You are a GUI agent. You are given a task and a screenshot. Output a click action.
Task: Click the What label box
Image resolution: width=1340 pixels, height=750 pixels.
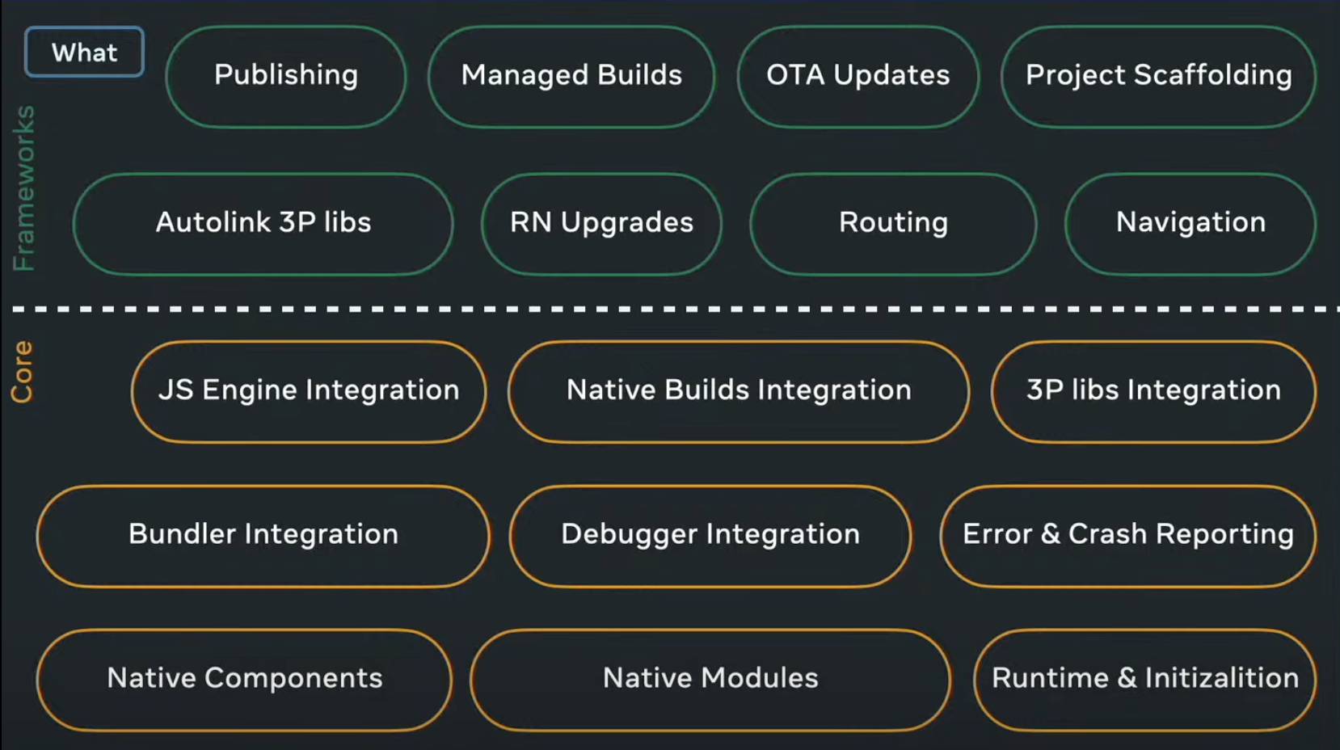coord(84,52)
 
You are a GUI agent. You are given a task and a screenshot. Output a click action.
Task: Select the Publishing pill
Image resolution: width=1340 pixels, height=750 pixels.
coord(286,76)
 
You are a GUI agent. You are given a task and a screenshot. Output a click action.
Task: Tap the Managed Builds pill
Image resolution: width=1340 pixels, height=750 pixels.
coord(571,76)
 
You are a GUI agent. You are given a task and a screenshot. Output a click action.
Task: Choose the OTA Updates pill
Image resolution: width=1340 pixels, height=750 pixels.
coord(858,76)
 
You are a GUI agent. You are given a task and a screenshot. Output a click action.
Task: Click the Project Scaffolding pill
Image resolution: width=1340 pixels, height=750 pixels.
coord(1158,76)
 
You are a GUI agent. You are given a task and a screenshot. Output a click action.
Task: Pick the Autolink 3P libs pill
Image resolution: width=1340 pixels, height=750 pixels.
coord(263,224)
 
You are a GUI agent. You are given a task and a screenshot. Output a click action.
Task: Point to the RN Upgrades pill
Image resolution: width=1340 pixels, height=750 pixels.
coord(601,224)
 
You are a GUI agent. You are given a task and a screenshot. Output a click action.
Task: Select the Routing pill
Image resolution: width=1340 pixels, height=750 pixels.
coord(893,224)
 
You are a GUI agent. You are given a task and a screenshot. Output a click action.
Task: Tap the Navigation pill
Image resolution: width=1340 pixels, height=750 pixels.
coord(1190,224)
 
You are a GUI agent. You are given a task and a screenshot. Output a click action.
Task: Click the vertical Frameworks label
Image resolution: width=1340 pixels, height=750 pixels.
coord(24,188)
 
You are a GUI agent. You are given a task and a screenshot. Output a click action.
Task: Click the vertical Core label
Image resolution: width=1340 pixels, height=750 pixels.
coord(23,372)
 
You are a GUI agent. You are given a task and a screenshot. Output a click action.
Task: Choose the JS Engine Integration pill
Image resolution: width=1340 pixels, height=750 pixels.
coord(309,392)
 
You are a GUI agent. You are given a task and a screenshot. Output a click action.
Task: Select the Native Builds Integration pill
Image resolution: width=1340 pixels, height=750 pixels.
coord(739,392)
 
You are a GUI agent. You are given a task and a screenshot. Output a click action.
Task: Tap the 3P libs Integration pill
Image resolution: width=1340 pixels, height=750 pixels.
coord(1154,392)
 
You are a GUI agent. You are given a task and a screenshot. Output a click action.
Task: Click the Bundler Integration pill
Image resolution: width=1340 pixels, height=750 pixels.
coord(263,536)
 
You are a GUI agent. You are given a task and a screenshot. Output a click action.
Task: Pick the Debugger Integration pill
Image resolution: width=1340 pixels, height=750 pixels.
coord(710,536)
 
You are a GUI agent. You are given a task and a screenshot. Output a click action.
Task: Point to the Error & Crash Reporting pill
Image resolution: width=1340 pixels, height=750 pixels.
coord(1128,536)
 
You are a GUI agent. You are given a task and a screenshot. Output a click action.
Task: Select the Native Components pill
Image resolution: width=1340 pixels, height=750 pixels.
coord(244,680)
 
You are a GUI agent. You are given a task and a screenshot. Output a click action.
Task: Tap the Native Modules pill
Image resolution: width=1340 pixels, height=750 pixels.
coord(710,680)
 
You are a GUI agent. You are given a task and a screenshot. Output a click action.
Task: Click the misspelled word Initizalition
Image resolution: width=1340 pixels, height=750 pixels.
coord(1221,678)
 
